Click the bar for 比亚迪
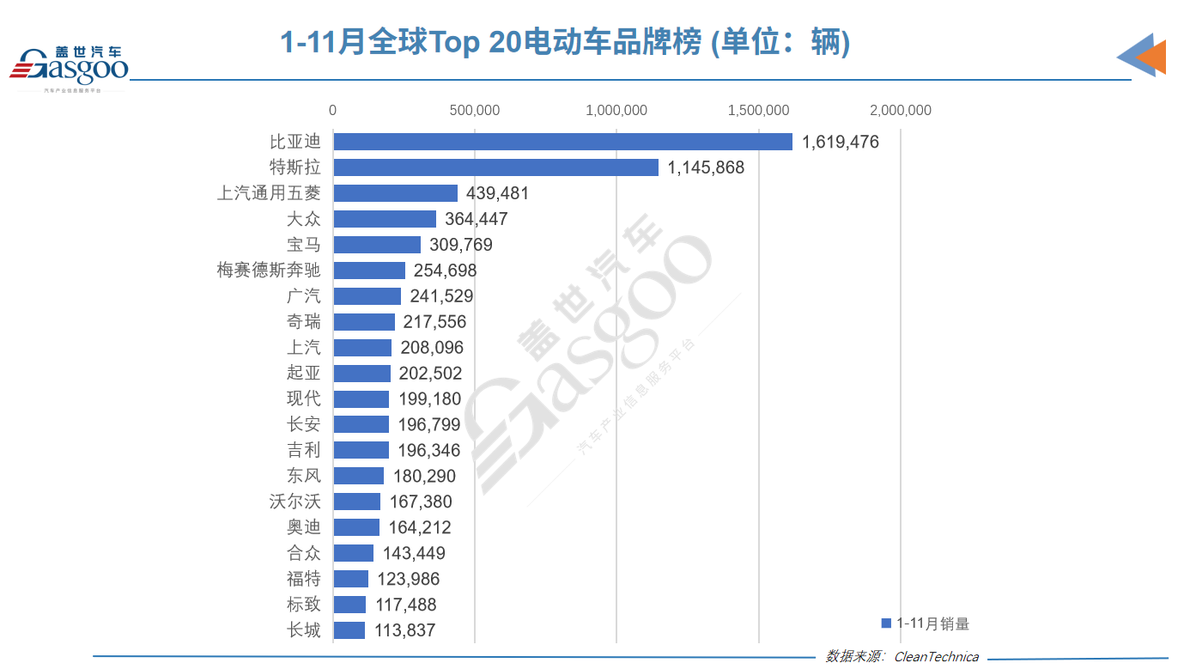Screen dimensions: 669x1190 (x=562, y=142)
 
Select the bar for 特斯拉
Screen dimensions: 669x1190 (x=495, y=167)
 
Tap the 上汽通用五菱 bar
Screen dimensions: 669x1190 (x=395, y=193)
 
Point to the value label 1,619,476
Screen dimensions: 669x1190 (x=841, y=142)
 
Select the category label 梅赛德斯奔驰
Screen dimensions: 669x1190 (x=269, y=271)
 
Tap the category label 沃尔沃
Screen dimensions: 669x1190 (x=294, y=502)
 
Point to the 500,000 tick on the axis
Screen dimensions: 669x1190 (x=475, y=111)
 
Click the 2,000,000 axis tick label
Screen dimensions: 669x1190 (x=900, y=111)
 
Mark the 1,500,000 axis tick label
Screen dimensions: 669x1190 (x=758, y=111)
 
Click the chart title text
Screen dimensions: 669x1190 (x=565, y=41)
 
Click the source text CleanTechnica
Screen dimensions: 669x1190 (x=936, y=657)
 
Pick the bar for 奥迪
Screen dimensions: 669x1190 (x=356, y=527)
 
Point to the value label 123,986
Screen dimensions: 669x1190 (x=409, y=579)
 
